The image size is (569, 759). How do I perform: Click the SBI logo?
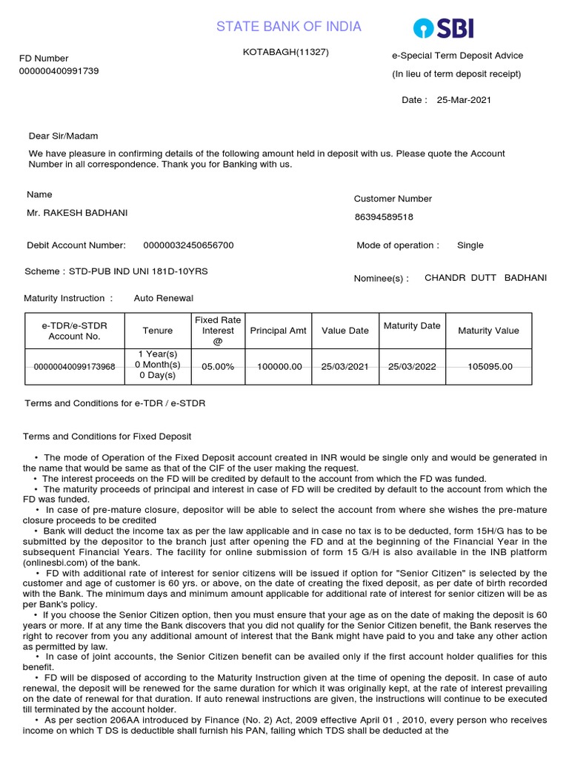pos(443,28)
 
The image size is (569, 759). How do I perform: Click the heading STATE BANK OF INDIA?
pos(289,27)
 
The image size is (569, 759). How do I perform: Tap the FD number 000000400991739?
pos(59,71)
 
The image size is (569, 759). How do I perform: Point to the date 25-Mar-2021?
pos(464,100)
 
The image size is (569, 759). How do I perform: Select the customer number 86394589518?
pos(384,217)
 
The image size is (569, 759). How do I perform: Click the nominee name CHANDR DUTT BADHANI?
pos(485,278)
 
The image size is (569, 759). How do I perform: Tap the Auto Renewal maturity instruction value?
pos(163,298)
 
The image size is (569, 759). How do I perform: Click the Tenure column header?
pos(158,331)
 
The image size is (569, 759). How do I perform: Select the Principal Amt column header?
pos(279,331)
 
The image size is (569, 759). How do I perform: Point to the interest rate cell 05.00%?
pos(218,366)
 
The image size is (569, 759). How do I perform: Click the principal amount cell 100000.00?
pos(279,366)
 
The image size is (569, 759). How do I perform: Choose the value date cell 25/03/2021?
pos(345,366)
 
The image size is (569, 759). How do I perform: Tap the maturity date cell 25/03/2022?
pos(412,366)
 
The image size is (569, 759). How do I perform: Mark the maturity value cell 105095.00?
pos(490,366)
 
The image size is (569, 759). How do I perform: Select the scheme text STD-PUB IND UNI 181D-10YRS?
pos(139,271)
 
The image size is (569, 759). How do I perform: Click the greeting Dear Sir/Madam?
pos(63,136)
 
